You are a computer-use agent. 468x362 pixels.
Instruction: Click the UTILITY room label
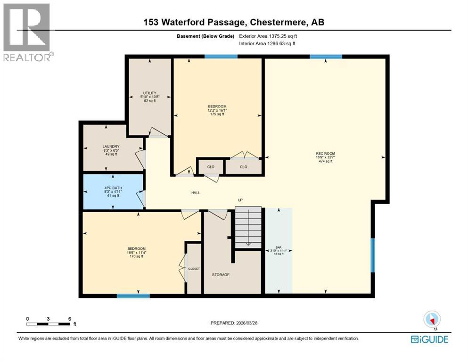click(x=150, y=93)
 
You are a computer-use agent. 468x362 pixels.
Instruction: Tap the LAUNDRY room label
click(x=111, y=147)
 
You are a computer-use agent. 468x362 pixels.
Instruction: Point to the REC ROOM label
click(x=325, y=153)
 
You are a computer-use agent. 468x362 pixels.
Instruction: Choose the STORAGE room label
click(x=220, y=274)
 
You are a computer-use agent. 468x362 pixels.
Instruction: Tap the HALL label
click(x=196, y=192)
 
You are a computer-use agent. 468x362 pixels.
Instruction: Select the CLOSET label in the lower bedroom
click(x=194, y=269)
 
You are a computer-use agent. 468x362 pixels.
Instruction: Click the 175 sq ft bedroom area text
click(x=217, y=115)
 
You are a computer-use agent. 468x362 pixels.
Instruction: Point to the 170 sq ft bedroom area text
click(x=136, y=257)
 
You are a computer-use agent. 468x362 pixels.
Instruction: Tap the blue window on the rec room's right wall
click(x=372, y=255)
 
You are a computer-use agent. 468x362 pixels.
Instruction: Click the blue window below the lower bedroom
click(x=133, y=296)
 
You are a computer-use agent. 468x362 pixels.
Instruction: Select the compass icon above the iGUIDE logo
click(x=432, y=320)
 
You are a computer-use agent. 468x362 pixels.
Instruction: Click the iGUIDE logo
click(x=429, y=339)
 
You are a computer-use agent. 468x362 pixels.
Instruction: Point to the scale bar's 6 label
click(x=70, y=319)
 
